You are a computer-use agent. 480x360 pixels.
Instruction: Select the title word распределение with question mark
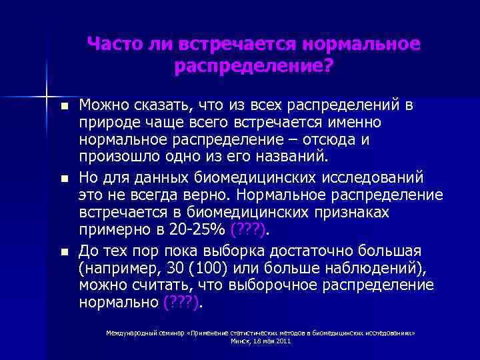pyautogui.click(x=253, y=67)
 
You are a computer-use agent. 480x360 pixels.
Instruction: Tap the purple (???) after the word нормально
pyautogui.click(x=182, y=303)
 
